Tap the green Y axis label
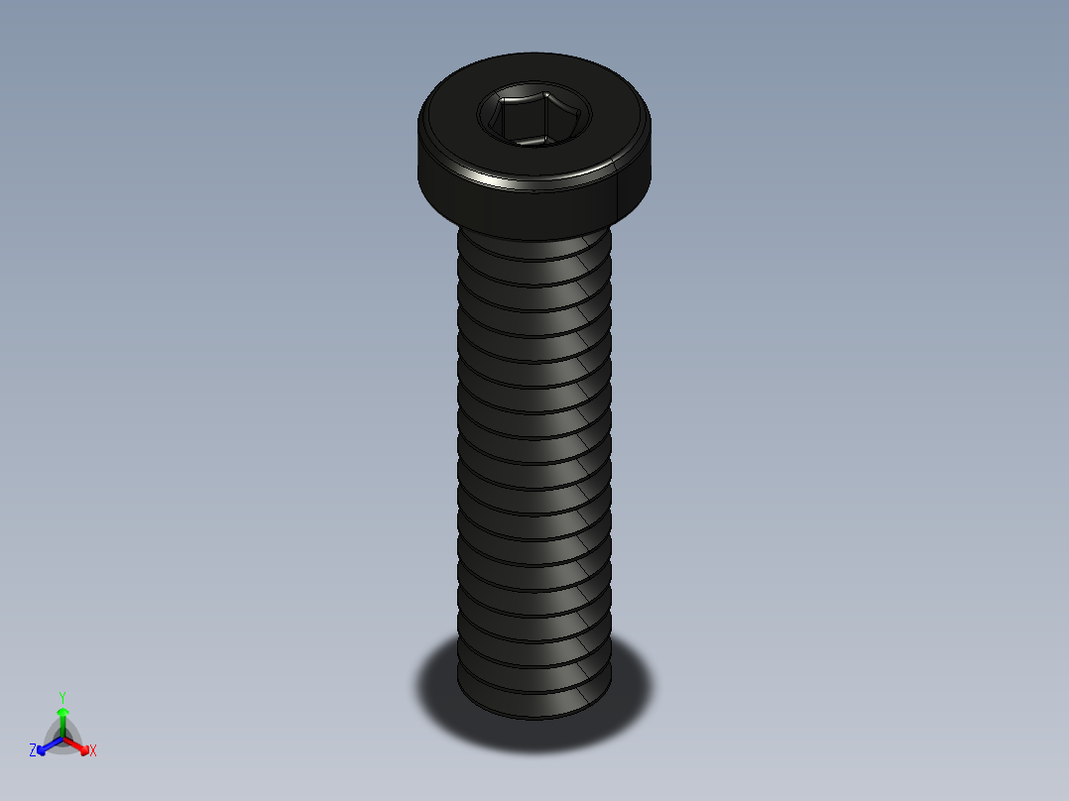click(x=62, y=697)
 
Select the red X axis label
click(x=93, y=751)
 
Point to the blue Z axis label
click(x=33, y=750)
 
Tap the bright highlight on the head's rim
click(x=506, y=183)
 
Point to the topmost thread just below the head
click(x=534, y=249)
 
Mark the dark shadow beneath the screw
click(x=635, y=694)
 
